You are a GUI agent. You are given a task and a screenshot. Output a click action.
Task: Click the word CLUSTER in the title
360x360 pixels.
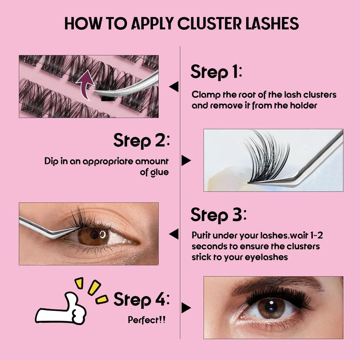coord(209,23)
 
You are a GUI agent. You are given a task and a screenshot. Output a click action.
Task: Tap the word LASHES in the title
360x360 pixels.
coord(272,23)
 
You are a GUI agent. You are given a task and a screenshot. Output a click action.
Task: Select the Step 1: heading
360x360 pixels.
coord(216,72)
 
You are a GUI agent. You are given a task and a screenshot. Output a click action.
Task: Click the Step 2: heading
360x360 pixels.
coord(142,140)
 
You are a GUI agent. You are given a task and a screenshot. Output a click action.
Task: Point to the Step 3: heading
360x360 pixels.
coord(219,216)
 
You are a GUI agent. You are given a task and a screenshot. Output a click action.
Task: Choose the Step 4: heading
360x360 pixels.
coord(142,299)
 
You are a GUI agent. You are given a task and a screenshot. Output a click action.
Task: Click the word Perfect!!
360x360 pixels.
coord(147,319)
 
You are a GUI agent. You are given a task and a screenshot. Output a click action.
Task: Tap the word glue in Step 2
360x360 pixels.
coord(160,172)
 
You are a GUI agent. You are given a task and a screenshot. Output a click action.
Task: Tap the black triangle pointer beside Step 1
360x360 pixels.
coord(174,86)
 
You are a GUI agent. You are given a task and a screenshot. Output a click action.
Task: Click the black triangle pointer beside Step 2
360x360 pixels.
coord(186,160)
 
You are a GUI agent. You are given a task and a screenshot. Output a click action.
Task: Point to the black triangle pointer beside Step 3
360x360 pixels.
coord(174,234)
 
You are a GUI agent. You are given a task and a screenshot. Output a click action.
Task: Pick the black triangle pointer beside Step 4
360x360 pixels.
coord(186,308)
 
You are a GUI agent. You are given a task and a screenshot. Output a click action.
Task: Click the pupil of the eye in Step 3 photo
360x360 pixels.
coord(94,234)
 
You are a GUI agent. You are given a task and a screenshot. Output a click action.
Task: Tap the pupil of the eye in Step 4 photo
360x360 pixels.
coord(271,306)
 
